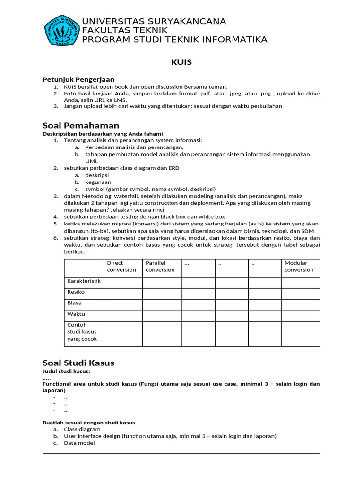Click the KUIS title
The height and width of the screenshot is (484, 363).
tap(181, 62)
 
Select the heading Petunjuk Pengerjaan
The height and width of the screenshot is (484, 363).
tap(78, 79)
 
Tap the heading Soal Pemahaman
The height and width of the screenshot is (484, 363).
tap(81, 125)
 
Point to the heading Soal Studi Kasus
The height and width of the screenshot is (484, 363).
tap(78, 363)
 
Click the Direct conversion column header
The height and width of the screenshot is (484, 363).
tap(121, 267)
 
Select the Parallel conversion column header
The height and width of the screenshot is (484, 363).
tap(160, 267)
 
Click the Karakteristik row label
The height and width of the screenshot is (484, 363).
tap(84, 281)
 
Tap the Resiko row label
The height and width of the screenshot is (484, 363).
tap(76, 292)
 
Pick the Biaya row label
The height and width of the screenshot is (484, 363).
tap(75, 303)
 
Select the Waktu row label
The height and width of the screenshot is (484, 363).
tap(76, 314)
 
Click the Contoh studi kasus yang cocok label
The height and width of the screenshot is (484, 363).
tap(82, 332)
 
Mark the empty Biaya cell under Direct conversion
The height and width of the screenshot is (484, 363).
tap(123, 304)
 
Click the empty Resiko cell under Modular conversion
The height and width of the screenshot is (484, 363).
tap(301, 294)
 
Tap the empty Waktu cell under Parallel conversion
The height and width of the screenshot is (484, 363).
tap(162, 316)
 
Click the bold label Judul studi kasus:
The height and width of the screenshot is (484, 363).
tap(66, 371)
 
